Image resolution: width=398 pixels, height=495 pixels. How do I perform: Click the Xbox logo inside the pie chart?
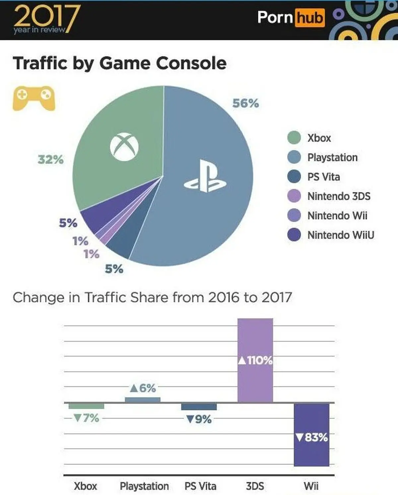(124, 147)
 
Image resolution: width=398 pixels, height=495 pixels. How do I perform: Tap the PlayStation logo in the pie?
(205, 176)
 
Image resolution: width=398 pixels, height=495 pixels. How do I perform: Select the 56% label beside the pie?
(245, 103)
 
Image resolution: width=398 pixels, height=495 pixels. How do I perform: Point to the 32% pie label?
(50, 159)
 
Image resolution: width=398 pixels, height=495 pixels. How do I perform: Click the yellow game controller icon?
(33, 98)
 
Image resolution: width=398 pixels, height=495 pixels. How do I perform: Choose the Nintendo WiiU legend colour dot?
(294, 235)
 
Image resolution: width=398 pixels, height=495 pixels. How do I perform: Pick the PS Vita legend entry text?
(323, 177)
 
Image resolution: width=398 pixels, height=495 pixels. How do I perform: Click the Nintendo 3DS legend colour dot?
(294, 196)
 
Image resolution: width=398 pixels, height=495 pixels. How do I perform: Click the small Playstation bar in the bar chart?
(143, 400)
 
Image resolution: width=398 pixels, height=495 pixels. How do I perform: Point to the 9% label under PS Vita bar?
(199, 419)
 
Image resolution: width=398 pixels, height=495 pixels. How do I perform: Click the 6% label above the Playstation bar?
(143, 388)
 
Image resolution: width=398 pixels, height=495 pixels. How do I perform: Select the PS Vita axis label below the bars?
(200, 486)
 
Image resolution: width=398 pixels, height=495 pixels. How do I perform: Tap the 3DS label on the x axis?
(255, 486)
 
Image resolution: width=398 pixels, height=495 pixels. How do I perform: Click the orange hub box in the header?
(309, 17)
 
